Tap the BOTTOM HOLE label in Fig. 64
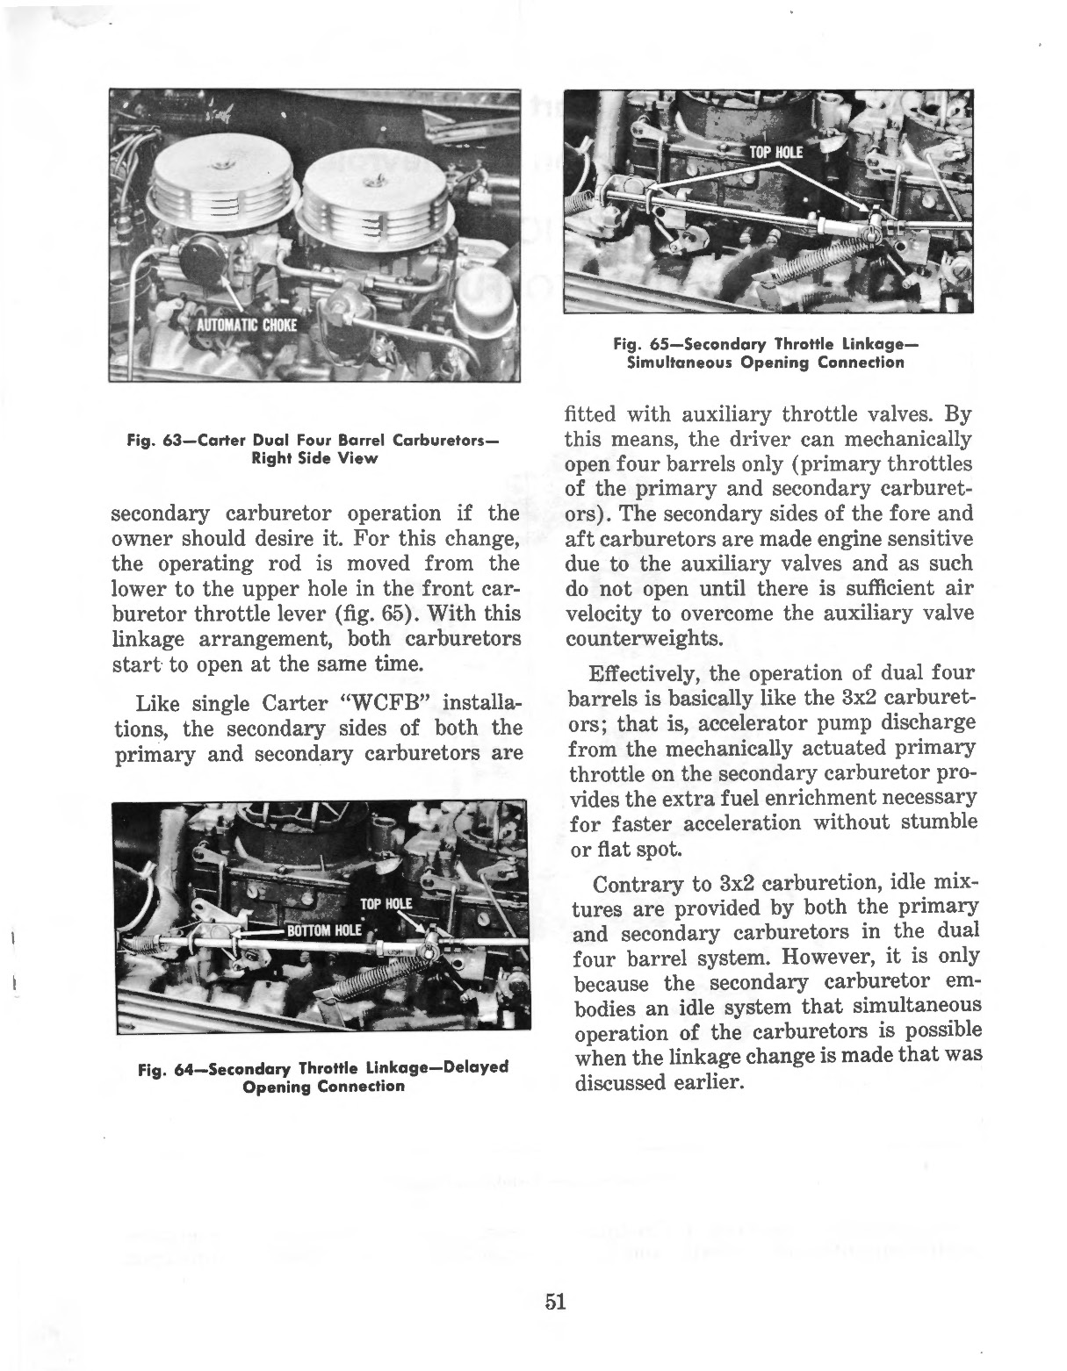(325, 931)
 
